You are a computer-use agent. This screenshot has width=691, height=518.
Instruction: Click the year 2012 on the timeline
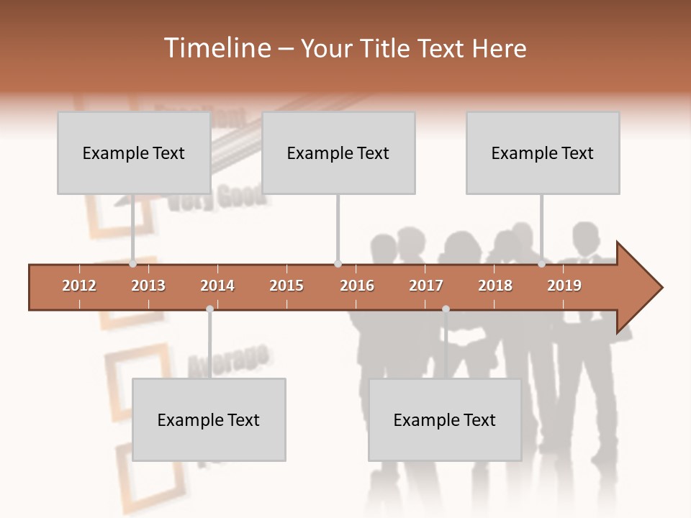click(79, 286)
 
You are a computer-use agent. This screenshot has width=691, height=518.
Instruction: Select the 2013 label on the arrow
click(148, 286)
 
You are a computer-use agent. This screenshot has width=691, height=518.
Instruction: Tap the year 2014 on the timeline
click(217, 286)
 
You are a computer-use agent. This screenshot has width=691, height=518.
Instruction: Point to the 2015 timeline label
click(286, 286)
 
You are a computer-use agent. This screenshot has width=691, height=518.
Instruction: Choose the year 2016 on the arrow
click(357, 286)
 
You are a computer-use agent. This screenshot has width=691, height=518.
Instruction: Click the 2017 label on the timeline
click(426, 286)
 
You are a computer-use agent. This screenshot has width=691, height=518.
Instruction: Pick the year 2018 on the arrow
click(495, 286)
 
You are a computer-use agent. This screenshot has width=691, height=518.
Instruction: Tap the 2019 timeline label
click(564, 286)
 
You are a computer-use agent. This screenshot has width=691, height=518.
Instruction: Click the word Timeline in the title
click(216, 48)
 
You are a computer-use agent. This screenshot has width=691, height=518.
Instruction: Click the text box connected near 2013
click(134, 153)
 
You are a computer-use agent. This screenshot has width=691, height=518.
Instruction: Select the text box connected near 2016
click(338, 153)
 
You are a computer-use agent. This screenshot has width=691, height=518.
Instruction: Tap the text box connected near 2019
click(543, 153)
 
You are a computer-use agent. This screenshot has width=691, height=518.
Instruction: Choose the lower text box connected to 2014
click(209, 419)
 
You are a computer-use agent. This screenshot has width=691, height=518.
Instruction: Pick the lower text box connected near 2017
click(445, 419)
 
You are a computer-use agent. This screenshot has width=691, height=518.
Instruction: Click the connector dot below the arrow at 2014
click(209, 309)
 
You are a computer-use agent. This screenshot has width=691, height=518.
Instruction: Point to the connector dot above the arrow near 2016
click(338, 264)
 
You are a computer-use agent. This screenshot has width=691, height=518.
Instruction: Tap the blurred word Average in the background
click(228, 360)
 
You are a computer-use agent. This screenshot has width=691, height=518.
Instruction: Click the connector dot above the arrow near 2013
click(133, 264)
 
